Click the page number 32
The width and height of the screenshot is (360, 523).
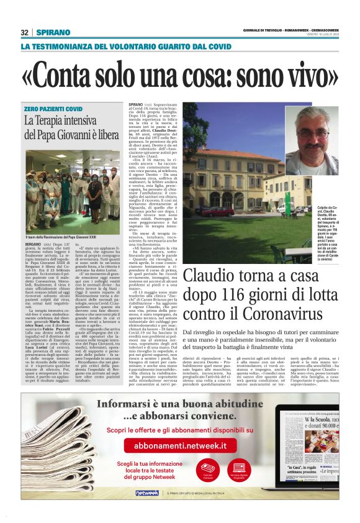(24, 32)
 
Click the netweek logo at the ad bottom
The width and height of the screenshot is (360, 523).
(146, 493)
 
